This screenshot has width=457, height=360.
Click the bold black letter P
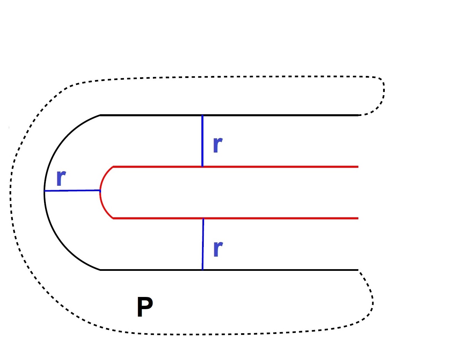145,307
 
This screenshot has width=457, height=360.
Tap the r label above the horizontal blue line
61,177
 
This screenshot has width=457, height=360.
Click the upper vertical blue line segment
202,141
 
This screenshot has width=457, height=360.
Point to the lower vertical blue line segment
203,244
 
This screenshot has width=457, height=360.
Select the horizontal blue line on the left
72,191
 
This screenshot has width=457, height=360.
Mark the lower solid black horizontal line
271,270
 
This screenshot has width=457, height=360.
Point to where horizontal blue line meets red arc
100,191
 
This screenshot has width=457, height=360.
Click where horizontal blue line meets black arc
45,191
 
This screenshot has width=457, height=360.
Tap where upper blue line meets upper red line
202,166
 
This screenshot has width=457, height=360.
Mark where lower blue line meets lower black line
203,269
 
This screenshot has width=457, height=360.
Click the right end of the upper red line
358,167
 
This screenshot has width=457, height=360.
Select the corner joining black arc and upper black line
100,115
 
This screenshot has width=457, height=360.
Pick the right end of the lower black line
358,270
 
